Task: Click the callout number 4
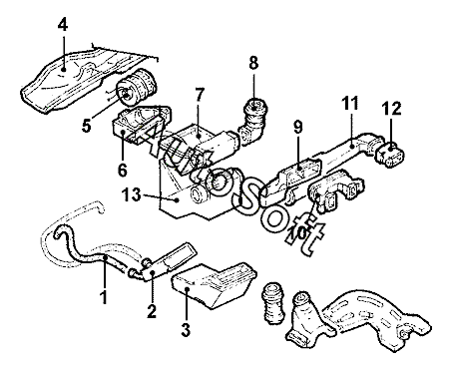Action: (63, 25)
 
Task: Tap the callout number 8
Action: (253, 62)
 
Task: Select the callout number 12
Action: (391, 109)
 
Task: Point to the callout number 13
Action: (131, 194)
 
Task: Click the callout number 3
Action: (186, 329)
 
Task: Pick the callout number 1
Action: (104, 296)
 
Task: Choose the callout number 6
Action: (123, 170)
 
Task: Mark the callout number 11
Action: (350, 103)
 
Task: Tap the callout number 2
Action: (152, 311)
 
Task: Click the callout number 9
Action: (298, 128)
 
